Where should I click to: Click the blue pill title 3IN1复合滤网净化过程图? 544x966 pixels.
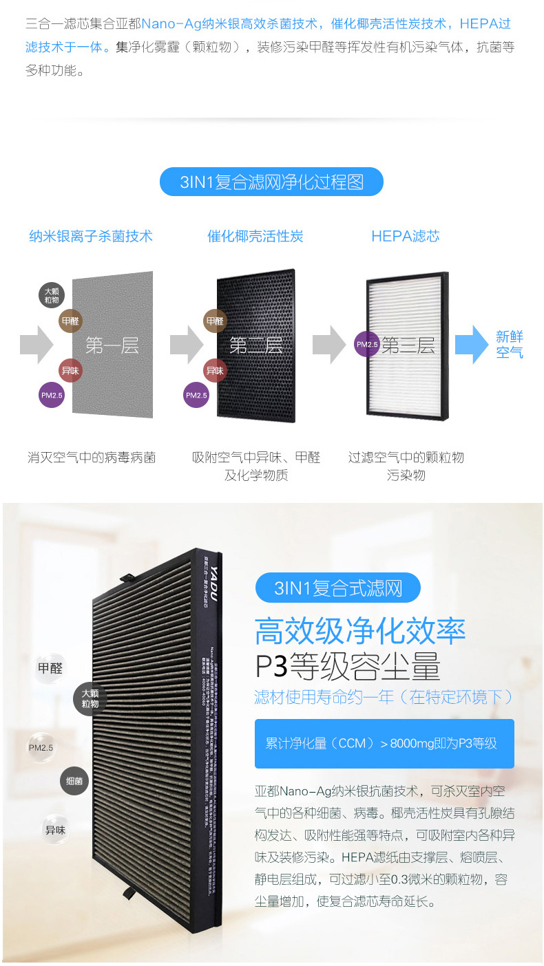point(271,182)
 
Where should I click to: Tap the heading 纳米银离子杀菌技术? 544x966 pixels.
point(91,236)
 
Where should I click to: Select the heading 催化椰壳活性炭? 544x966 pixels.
point(255,236)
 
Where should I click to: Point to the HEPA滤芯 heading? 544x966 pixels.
point(405,236)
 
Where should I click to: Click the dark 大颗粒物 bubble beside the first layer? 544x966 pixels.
point(52,295)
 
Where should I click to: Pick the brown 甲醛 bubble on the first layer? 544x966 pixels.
point(70,321)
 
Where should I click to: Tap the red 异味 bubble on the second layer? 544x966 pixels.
point(215,370)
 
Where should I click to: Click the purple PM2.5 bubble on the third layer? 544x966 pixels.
point(367,344)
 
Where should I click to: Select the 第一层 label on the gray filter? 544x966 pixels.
point(112,345)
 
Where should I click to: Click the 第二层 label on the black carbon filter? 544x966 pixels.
point(256,345)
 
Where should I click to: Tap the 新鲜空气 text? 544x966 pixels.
point(510,345)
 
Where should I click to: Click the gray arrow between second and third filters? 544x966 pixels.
point(328,345)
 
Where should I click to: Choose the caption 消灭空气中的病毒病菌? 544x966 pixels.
point(92,458)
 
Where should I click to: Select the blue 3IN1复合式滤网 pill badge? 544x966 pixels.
point(337,588)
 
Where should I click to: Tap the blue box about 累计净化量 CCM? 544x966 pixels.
point(384,744)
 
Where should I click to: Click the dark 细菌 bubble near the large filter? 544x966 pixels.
point(74,782)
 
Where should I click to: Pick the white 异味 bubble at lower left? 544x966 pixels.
point(55,830)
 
